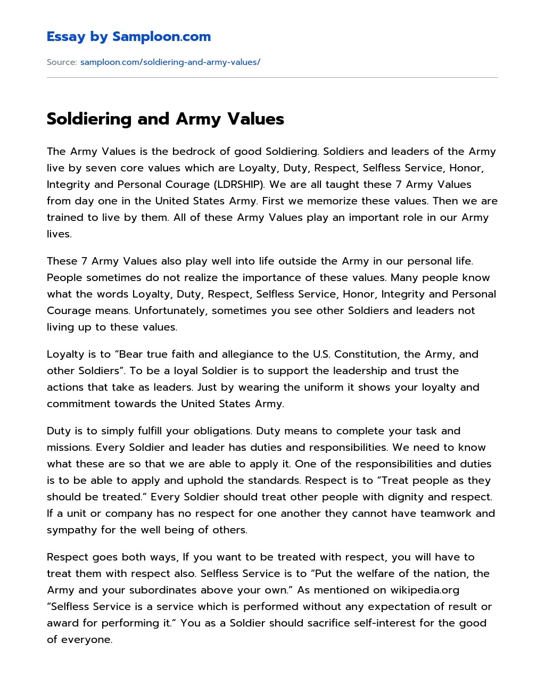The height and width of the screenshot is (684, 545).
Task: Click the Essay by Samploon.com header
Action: coord(128,37)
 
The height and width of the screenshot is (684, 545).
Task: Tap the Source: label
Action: coord(62,62)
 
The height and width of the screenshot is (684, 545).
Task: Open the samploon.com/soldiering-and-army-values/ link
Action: coord(170,62)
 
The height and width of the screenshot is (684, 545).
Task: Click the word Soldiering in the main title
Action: coord(89,119)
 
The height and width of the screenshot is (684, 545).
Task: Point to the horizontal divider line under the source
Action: coord(272,78)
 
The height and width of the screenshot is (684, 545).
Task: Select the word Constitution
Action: coord(366,355)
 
